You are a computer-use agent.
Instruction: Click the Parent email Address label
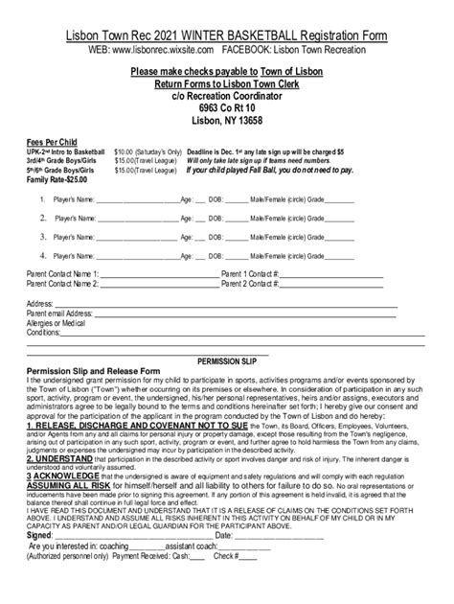[59, 313]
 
